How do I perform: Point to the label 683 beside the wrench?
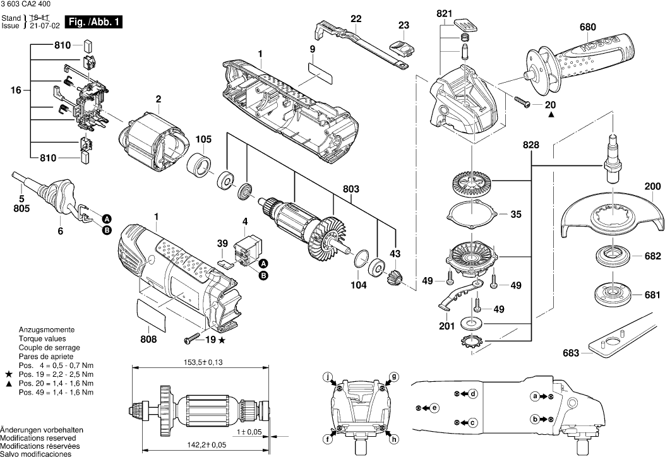[570, 353]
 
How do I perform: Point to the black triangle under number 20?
[551, 116]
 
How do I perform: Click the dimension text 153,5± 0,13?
[196, 362]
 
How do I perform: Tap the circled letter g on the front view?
[394, 376]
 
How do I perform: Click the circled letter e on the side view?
[435, 408]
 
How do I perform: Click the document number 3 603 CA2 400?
[27, 4]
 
